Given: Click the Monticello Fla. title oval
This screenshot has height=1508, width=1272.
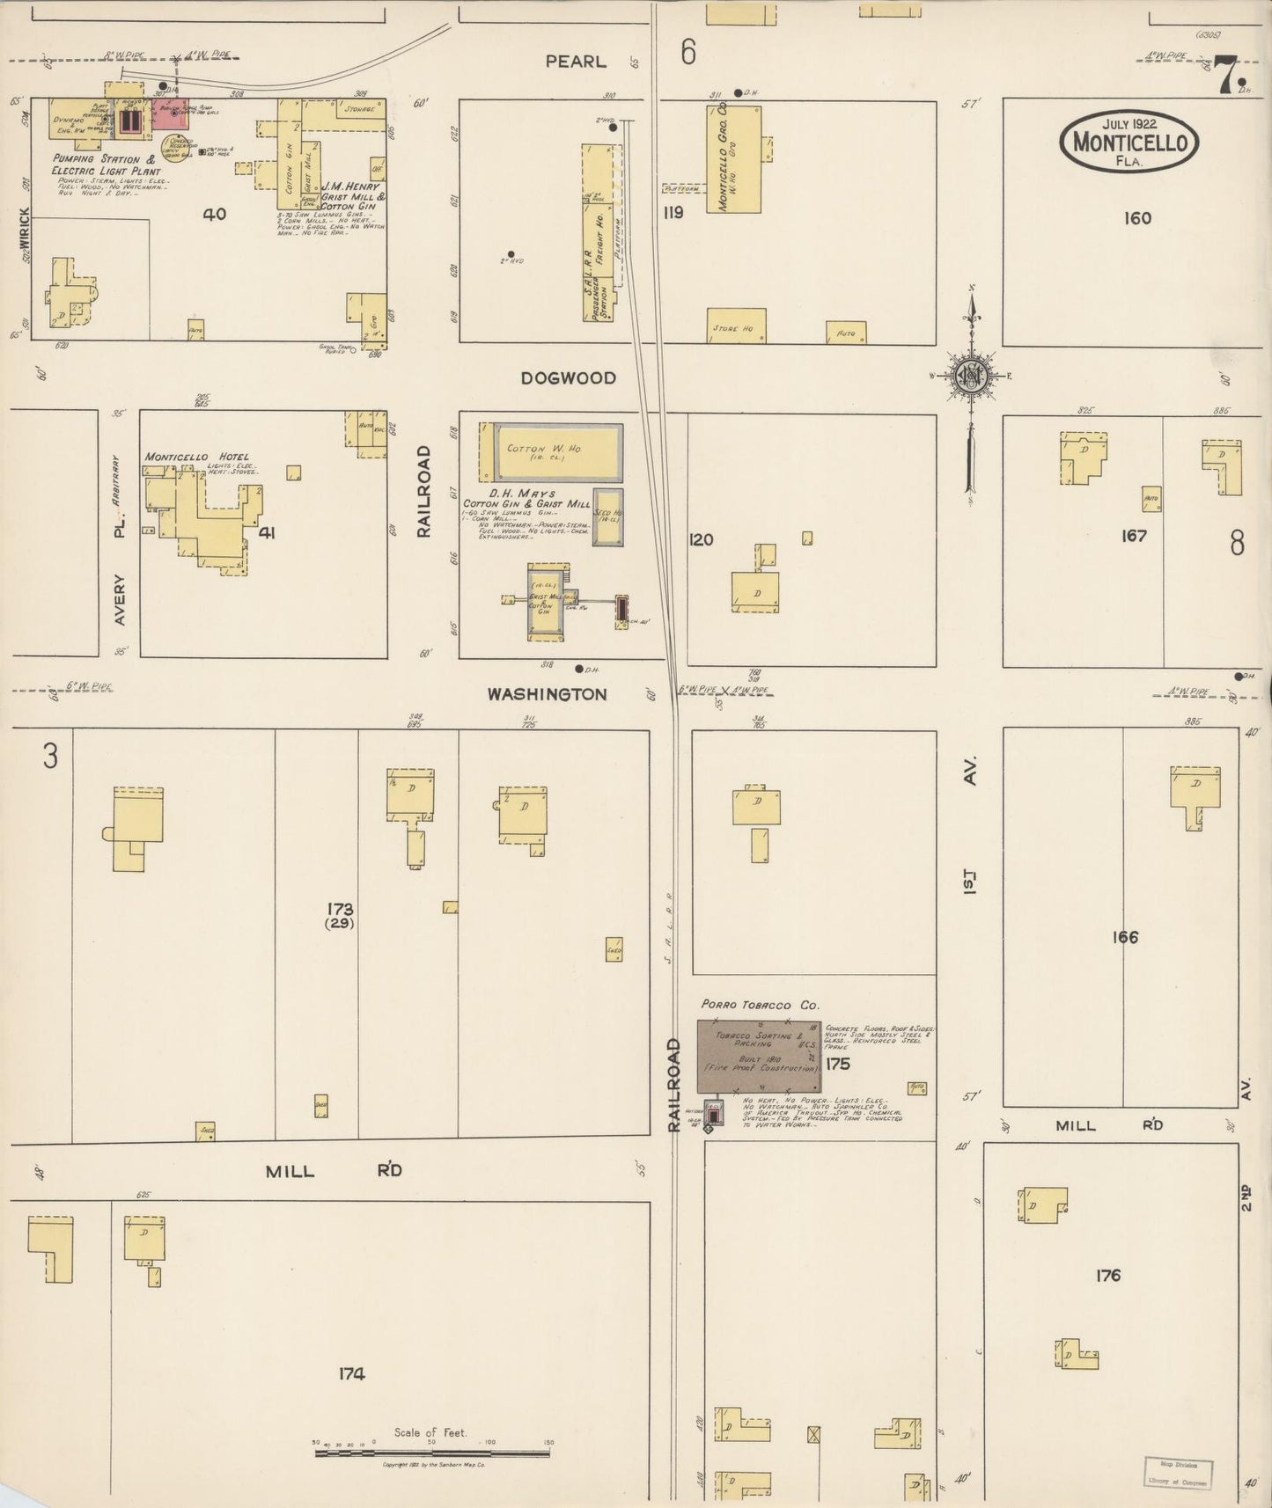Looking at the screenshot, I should click(1129, 141).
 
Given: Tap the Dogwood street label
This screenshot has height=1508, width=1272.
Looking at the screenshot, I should click(568, 378).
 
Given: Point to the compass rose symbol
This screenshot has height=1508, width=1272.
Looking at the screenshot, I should click(972, 377).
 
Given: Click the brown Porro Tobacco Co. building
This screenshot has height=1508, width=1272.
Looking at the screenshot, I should click(758, 1057).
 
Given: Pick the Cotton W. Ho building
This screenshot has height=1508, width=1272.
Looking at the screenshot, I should click(558, 451).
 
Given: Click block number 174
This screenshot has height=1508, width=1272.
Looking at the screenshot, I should click(351, 1373).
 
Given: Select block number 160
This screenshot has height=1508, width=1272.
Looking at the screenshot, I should click(1137, 218).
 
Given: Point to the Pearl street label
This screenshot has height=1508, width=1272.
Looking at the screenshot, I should click(576, 62).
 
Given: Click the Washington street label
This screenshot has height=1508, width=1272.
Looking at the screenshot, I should click(547, 694).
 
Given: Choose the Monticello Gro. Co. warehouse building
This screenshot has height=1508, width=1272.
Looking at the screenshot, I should click(733, 159).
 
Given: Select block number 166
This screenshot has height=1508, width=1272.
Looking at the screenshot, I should click(1124, 937).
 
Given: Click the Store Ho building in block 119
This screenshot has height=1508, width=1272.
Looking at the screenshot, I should click(736, 326).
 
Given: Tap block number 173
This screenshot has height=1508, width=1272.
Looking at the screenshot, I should click(340, 909).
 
